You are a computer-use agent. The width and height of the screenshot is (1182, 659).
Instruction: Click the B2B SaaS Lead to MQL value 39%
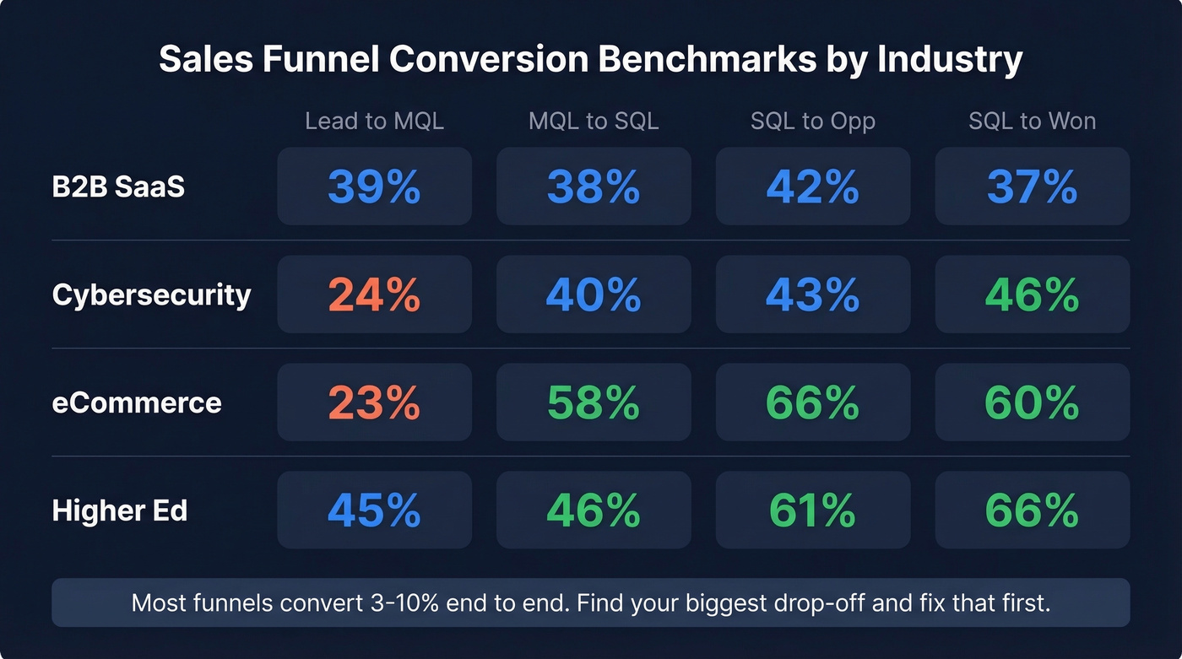374,186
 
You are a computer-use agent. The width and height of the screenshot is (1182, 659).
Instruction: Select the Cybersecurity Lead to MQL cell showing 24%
374,294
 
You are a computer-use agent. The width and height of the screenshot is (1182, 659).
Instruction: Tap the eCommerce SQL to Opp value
812,402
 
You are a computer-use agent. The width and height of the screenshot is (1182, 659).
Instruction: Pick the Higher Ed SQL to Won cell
1032,510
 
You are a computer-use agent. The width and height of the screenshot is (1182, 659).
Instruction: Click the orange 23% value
374,402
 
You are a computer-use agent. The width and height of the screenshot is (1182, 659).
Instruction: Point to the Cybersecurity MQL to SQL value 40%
594,294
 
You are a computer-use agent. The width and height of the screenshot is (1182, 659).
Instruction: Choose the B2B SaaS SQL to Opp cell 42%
812,186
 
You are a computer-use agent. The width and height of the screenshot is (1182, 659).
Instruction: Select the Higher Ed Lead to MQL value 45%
374,510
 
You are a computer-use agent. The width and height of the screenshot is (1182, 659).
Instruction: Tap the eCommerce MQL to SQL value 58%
594,402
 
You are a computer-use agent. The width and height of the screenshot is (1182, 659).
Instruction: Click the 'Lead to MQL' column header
374,121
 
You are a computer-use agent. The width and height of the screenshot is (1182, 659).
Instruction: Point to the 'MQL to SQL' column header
594,121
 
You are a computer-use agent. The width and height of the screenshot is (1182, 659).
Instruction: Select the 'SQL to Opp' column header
812,121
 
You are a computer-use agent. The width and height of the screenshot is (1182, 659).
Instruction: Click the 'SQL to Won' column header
1032,121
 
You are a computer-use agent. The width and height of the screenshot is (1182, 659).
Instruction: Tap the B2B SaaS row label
118,186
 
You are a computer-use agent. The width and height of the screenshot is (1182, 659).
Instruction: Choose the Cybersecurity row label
151,294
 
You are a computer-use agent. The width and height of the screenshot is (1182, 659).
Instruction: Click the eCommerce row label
137,402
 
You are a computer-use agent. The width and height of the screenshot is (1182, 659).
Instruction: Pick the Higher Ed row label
120,510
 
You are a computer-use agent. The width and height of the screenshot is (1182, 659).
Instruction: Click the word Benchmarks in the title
756,60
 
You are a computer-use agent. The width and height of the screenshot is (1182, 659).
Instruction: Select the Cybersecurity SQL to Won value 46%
1032,294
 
